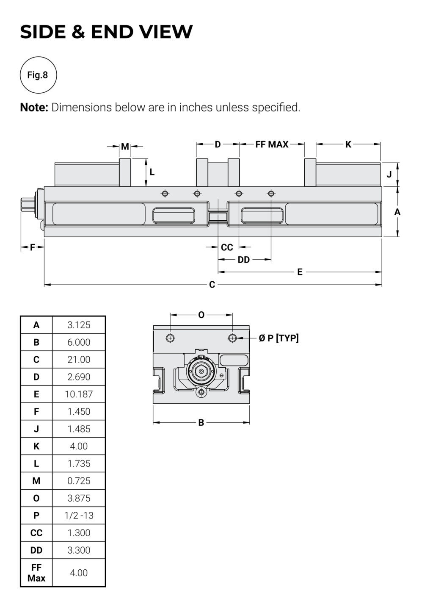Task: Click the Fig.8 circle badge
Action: click(x=38, y=75)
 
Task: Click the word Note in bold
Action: click(x=34, y=108)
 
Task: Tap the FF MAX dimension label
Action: click(x=272, y=144)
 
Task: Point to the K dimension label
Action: click(x=348, y=144)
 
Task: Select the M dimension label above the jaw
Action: click(x=125, y=147)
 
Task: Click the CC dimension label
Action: click(x=227, y=247)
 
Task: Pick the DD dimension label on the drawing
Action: click(x=243, y=260)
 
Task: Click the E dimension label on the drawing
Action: click(x=300, y=272)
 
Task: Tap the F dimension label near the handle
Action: click(x=33, y=247)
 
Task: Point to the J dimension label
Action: click(x=389, y=174)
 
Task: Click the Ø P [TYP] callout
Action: click(x=279, y=338)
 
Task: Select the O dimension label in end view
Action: click(x=201, y=315)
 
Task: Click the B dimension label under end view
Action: click(x=201, y=422)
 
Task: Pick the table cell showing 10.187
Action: click(x=79, y=394)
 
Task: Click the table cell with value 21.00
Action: click(x=79, y=360)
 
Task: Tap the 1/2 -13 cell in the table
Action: click(x=79, y=516)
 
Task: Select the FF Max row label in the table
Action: click(x=36, y=573)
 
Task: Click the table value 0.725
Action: click(x=79, y=481)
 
